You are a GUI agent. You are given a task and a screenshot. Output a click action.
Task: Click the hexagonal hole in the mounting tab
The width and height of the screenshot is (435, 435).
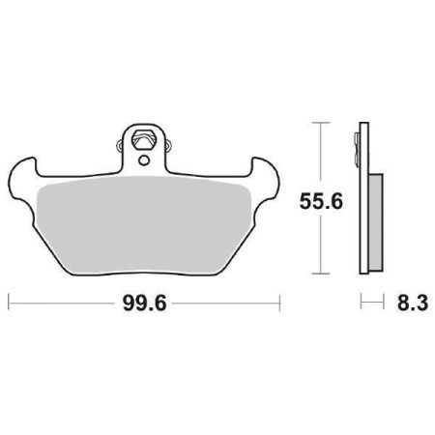point(144,138)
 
